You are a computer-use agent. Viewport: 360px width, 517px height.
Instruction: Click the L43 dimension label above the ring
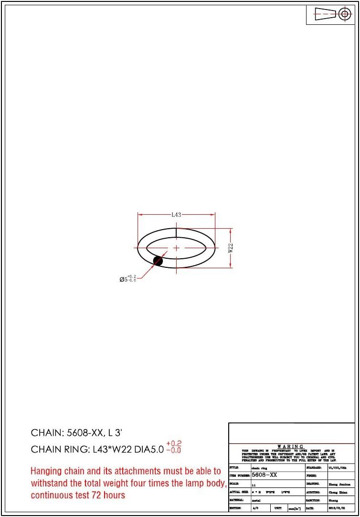(176, 215)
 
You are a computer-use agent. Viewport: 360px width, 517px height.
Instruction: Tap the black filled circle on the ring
(158, 261)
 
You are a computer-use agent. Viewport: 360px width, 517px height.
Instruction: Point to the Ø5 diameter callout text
(127, 279)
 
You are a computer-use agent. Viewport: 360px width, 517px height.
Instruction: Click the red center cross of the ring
(176, 248)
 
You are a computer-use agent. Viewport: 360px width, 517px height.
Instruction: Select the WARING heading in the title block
(290, 446)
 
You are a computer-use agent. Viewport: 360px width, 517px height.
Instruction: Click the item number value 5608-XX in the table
(264, 475)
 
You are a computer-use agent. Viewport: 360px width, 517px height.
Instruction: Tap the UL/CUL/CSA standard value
(338, 468)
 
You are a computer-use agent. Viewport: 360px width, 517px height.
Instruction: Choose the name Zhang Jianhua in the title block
(339, 484)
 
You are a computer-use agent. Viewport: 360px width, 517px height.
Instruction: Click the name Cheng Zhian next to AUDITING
(338, 492)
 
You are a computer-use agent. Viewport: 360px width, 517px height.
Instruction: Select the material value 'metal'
(255, 500)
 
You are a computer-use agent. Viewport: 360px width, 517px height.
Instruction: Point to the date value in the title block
(337, 508)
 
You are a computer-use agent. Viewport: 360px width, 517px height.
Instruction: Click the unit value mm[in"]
(294, 508)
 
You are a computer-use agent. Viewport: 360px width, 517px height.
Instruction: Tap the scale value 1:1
(254, 484)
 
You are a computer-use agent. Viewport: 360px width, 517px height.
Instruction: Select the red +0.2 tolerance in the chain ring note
(174, 443)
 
